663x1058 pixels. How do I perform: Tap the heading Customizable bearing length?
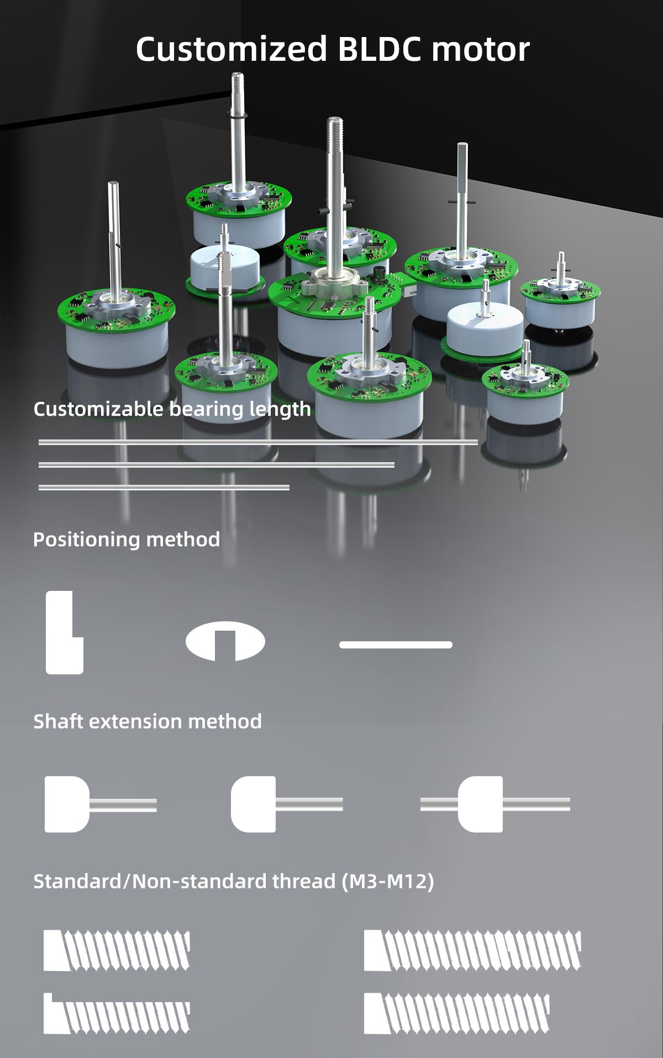(x=172, y=409)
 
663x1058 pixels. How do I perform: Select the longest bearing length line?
(x=257, y=442)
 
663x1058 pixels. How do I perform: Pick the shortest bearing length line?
(x=164, y=487)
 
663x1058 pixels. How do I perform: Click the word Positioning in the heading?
(x=84, y=540)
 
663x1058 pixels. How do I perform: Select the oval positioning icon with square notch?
(x=225, y=641)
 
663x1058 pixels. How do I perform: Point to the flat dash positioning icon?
(x=396, y=645)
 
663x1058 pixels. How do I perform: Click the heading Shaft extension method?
(x=147, y=721)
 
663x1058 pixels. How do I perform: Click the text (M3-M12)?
(x=387, y=881)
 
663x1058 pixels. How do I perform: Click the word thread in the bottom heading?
(x=303, y=881)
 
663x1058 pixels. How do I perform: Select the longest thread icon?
(x=472, y=950)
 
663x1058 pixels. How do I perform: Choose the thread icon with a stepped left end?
(x=117, y=1013)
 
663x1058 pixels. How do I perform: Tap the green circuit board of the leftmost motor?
(x=116, y=312)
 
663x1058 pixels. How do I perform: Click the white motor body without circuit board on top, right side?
(x=485, y=326)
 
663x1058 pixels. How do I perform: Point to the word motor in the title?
(x=480, y=49)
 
